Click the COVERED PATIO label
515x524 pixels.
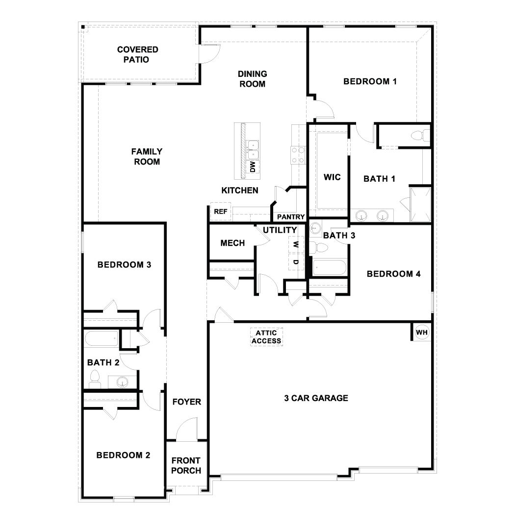[x=137, y=55]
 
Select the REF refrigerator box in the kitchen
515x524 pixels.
[x=220, y=212]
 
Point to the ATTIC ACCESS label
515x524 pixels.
[x=267, y=337]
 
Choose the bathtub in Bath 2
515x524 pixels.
[x=102, y=339]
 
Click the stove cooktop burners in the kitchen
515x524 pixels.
[x=297, y=155]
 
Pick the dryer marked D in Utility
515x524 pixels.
[x=295, y=262]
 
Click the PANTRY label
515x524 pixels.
[x=291, y=217]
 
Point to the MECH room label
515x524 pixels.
[x=232, y=243]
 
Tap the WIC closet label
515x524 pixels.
[x=332, y=177]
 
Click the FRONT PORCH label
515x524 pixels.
[x=186, y=466]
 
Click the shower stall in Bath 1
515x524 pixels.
[x=420, y=204]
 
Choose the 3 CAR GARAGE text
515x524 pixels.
[x=316, y=398]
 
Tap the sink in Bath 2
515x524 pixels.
[x=122, y=381]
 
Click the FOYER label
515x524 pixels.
[x=186, y=402]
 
